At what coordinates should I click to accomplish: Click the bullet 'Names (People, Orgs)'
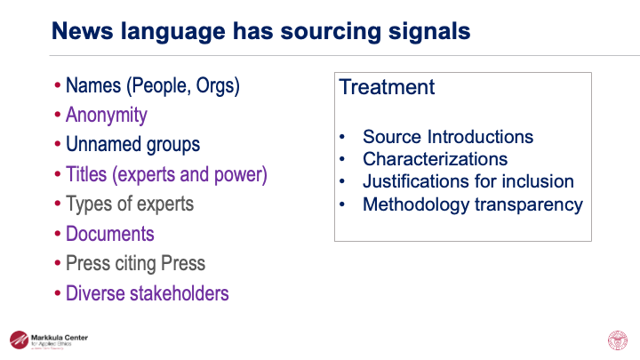click(153, 86)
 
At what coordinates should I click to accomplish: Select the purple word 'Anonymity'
click(107, 116)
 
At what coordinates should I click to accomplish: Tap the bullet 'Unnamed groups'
click(132, 145)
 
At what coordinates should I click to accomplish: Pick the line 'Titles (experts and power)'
click(166, 174)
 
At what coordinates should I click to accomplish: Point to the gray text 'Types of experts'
click(130, 204)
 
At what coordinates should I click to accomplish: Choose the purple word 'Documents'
click(110, 234)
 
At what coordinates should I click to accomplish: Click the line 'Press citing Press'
click(135, 263)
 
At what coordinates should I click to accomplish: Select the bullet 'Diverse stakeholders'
click(147, 293)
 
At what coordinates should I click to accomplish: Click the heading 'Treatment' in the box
click(388, 87)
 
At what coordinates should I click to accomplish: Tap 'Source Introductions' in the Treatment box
click(448, 137)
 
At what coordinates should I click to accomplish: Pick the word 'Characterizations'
click(436, 159)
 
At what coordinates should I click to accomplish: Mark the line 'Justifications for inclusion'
click(468, 181)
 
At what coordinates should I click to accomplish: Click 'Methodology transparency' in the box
click(473, 204)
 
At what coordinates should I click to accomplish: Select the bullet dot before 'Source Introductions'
click(343, 138)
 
